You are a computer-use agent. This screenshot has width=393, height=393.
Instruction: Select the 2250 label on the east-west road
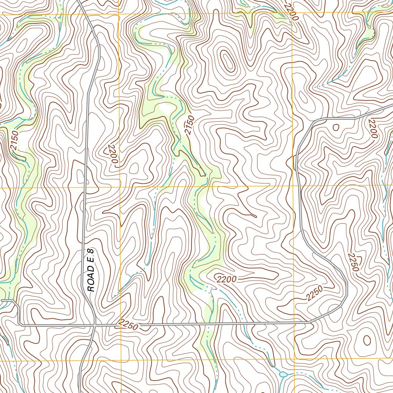coord(128,325)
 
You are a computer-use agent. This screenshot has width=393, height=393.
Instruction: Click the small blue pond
coord(283,374)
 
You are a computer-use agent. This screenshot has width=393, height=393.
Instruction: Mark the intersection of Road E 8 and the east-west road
coord(95,325)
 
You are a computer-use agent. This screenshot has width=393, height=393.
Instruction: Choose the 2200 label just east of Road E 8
coord(112,154)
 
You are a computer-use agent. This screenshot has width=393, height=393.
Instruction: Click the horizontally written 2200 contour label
coord(226,279)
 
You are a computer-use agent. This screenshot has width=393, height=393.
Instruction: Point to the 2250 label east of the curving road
coord(353,262)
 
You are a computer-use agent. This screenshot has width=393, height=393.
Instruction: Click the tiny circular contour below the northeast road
coord(336,127)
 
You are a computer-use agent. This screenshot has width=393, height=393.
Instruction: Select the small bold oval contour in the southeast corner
coord(367,340)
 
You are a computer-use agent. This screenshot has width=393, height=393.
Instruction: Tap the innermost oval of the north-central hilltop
coord(228,61)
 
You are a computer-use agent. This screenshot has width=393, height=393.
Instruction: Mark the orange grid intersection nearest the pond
coord(294,360)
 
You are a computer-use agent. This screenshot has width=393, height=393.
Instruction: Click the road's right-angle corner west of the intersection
coord(19,325)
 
